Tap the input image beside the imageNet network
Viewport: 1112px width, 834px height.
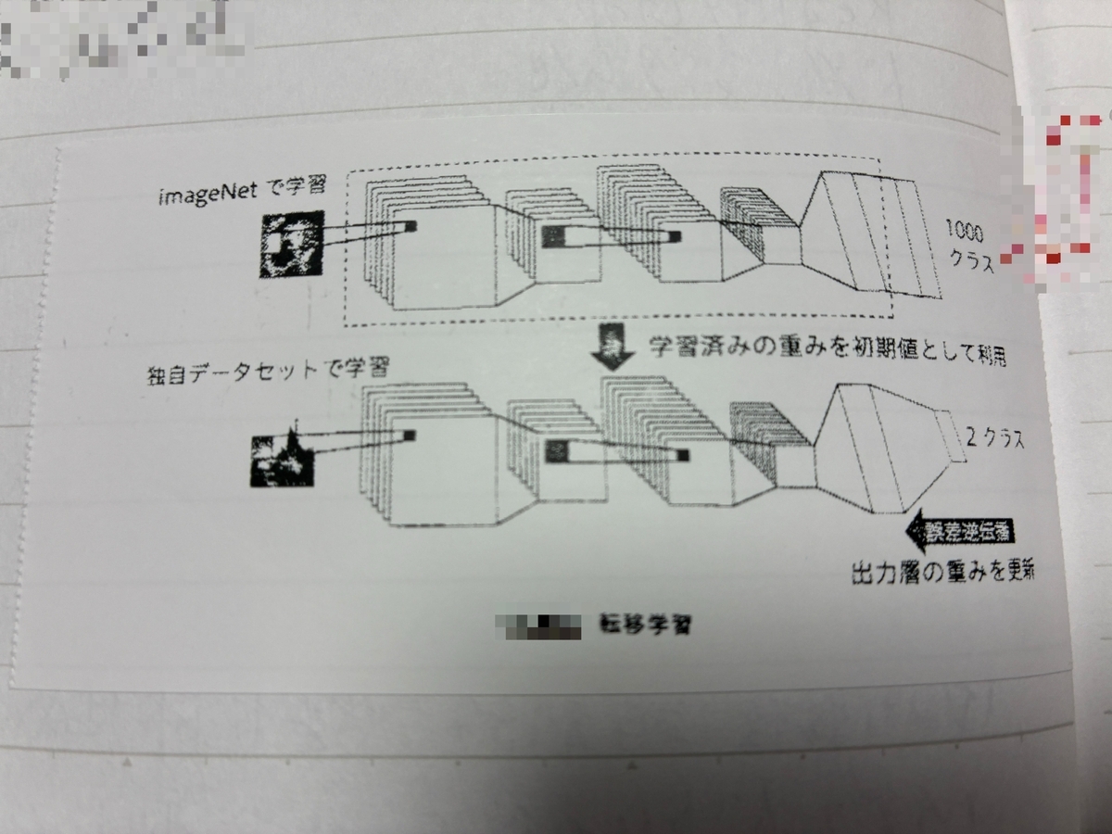coord(290,245)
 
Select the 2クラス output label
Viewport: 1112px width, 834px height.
coord(994,440)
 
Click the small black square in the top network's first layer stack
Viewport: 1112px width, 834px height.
coord(411,225)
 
